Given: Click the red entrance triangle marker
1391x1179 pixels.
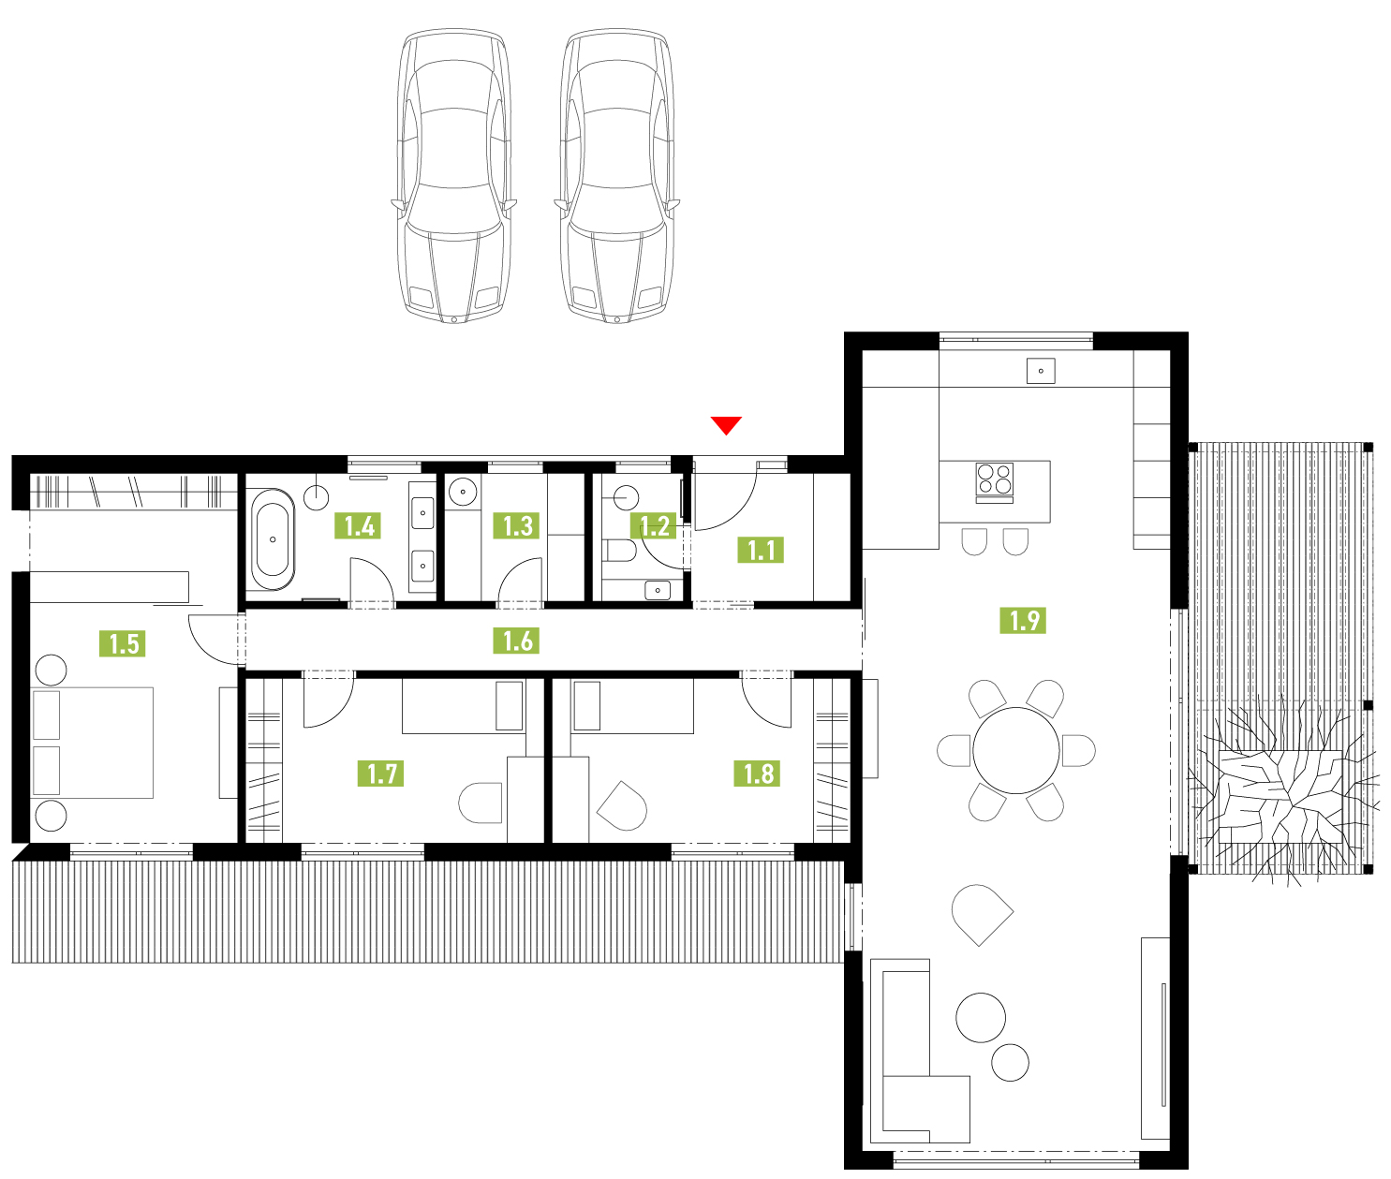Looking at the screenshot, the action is pyautogui.click(x=726, y=425).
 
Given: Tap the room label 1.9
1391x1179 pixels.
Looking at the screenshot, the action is pyautogui.click(x=1023, y=620).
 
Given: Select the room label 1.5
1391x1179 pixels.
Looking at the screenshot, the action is pyautogui.click(x=123, y=643).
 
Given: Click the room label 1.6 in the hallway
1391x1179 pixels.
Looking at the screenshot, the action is pyautogui.click(x=516, y=641).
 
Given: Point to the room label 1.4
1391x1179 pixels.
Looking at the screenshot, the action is pyautogui.click(x=358, y=525).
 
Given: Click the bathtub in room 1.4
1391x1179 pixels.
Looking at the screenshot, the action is pyautogui.click(x=273, y=539).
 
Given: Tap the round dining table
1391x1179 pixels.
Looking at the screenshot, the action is pyautogui.click(x=1016, y=750).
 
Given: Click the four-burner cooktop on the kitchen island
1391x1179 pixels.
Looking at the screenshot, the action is pyautogui.click(x=995, y=482).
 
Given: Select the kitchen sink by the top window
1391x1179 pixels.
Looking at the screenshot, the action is pyautogui.click(x=1041, y=371).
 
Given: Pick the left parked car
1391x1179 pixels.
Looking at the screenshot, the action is pyautogui.click(x=454, y=176).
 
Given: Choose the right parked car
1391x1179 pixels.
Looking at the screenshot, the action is pyautogui.click(x=617, y=176).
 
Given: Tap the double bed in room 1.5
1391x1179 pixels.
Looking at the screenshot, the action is pyautogui.click(x=92, y=743).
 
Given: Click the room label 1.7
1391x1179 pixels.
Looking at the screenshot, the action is pyautogui.click(x=380, y=774).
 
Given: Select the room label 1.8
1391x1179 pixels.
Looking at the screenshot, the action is pyautogui.click(x=757, y=774).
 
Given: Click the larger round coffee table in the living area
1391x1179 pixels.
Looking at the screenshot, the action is pyautogui.click(x=981, y=1018).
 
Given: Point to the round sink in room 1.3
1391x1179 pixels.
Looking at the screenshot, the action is pyautogui.click(x=463, y=492).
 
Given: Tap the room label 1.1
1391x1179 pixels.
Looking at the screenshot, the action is pyautogui.click(x=761, y=550).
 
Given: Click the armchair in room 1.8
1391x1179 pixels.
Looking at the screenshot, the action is pyautogui.click(x=623, y=806).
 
